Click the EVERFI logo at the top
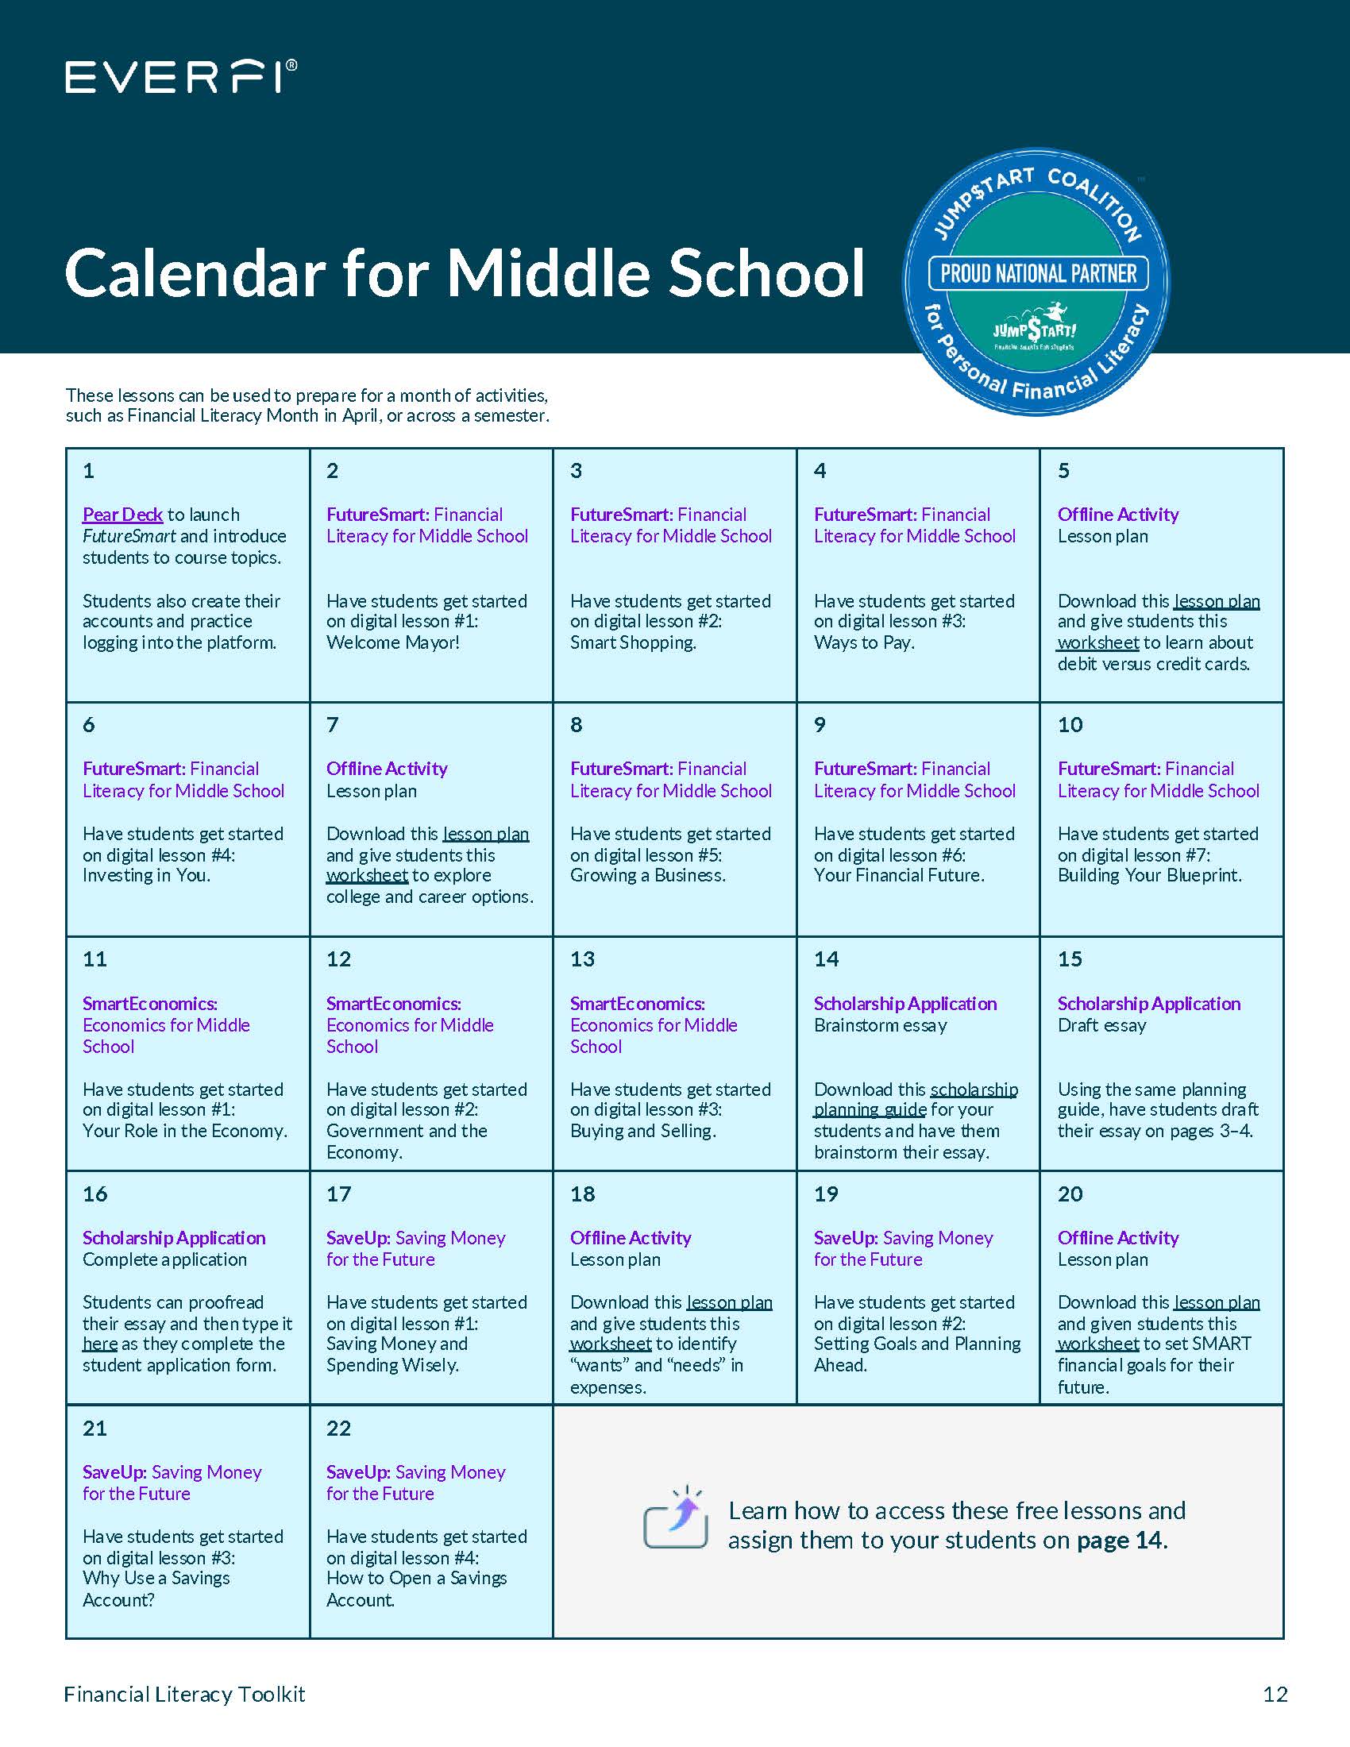[x=181, y=78]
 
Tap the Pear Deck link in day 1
[x=122, y=515]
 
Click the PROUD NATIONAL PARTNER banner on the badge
[x=1037, y=275]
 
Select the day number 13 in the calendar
[x=582, y=959]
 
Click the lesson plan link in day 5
[x=1217, y=601]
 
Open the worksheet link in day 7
[x=367, y=876]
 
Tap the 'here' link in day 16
[x=99, y=1344]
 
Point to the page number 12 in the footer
[x=1275, y=1695]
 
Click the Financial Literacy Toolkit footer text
[x=185, y=1695]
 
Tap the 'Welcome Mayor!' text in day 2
[x=392, y=643]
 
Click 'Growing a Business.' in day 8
[x=648, y=876]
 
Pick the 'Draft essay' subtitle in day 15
[x=1101, y=1025]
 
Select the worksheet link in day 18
[x=610, y=1344]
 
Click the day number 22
[x=338, y=1429]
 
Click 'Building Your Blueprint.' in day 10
[x=1149, y=876]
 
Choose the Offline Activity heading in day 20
[x=1117, y=1238]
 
